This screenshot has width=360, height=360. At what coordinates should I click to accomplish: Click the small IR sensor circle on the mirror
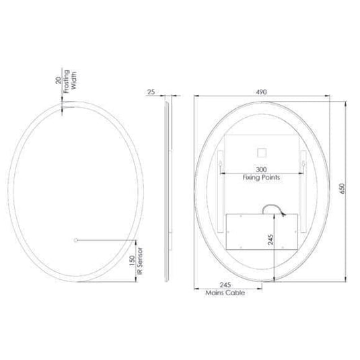point(75,239)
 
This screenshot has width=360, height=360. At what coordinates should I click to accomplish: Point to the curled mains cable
point(273,210)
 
